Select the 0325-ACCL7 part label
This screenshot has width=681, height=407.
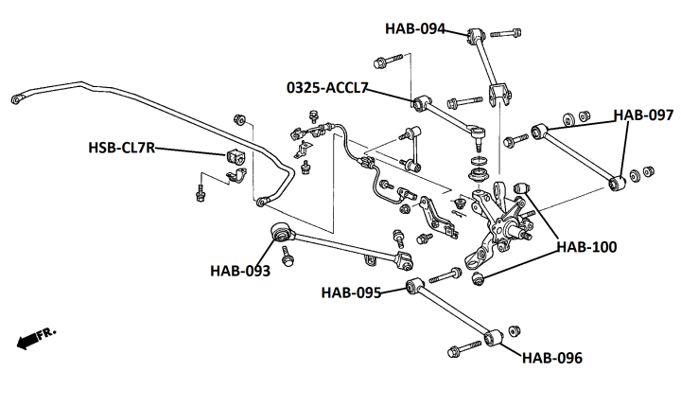[x=327, y=88]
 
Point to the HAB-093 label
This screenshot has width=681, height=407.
[x=240, y=271]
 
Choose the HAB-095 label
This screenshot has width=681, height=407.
[x=351, y=292]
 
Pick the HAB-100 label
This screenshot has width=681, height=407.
[x=586, y=248]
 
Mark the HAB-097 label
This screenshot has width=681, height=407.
[x=643, y=115]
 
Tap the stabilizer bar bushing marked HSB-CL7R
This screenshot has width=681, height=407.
[x=235, y=158]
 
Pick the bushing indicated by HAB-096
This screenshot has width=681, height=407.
[x=491, y=338]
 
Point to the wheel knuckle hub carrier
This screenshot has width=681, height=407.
[x=498, y=218]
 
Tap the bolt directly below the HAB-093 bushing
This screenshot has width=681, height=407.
[x=287, y=253]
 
